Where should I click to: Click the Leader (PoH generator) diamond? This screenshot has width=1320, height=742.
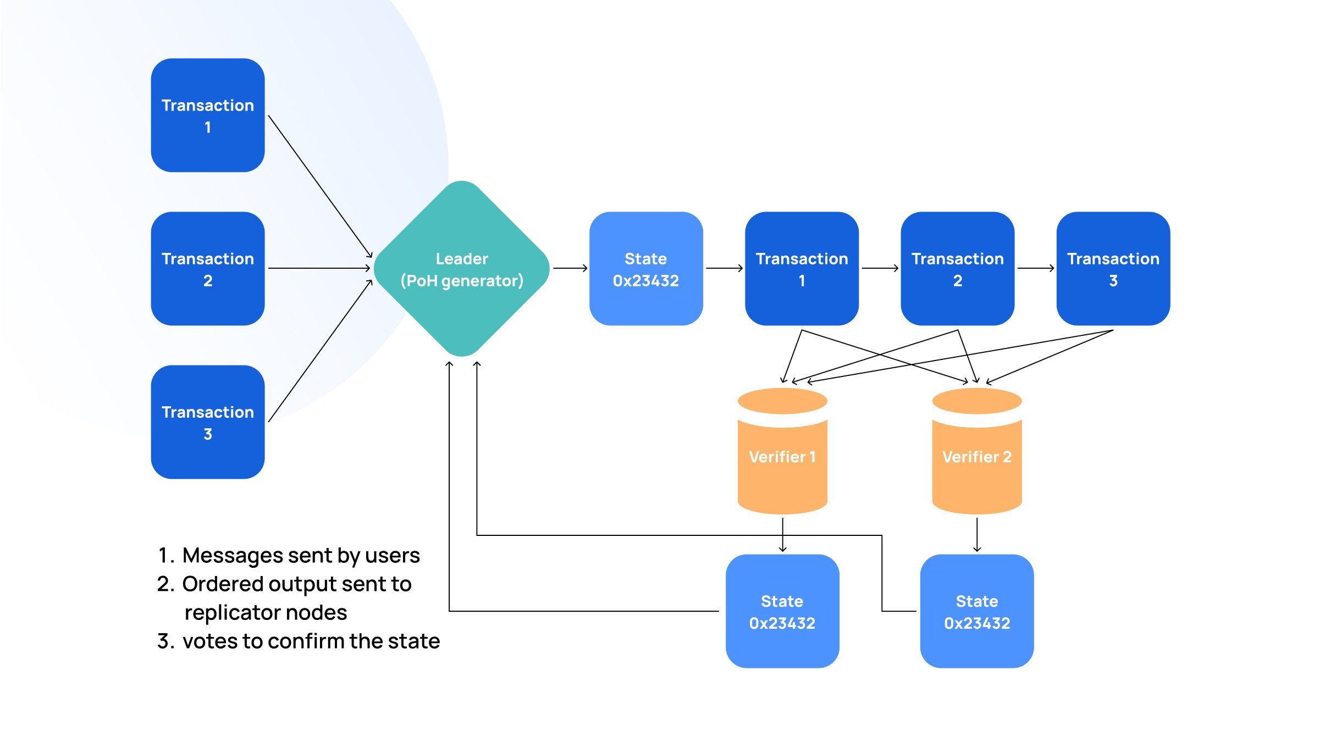click(x=462, y=269)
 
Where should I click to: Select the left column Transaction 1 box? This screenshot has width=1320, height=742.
click(x=208, y=115)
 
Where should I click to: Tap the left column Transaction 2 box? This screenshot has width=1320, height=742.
click(x=208, y=269)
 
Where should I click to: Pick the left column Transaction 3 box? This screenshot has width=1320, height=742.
click(x=208, y=422)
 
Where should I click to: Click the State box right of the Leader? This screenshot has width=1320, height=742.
click(x=646, y=269)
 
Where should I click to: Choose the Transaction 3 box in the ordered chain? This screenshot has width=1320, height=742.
click(x=1113, y=269)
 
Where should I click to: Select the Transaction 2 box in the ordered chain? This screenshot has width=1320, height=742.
click(x=957, y=269)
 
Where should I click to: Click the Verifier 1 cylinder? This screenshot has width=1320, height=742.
click(x=782, y=456)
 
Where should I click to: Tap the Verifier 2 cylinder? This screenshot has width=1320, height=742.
click(x=977, y=456)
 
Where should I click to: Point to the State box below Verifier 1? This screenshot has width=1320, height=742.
click(x=782, y=611)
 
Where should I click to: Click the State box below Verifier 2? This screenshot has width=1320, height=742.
click(x=977, y=611)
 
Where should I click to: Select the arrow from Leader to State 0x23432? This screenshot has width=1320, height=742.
click(x=570, y=268)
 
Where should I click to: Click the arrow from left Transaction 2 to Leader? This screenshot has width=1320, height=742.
click(x=319, y=268)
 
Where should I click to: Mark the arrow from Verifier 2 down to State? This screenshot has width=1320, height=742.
click(x=977, y=534)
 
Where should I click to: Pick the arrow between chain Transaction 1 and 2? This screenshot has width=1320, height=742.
click(x=880, y=268)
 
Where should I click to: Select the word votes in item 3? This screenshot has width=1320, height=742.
click(x=210, y=641)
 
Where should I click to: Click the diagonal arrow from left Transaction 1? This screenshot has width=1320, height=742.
click(x=320, y=186)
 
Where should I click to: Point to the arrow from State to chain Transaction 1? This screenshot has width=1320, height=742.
click(x=724, y=268)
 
